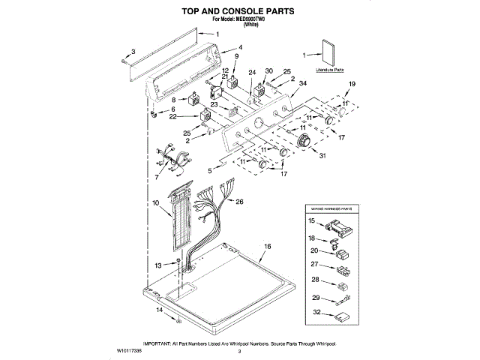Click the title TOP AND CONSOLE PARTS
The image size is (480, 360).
[238, 11]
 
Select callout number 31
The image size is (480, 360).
[323, 155]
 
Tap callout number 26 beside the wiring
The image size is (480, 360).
[240, 202]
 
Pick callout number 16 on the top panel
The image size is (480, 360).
[267, 247]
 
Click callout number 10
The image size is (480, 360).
[155, 203]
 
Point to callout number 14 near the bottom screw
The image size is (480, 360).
[158, 310]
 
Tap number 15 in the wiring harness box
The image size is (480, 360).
[312, 222]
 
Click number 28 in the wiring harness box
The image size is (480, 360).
[315, 280]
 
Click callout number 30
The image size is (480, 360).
[268, 72]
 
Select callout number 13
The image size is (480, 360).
[158, 265]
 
